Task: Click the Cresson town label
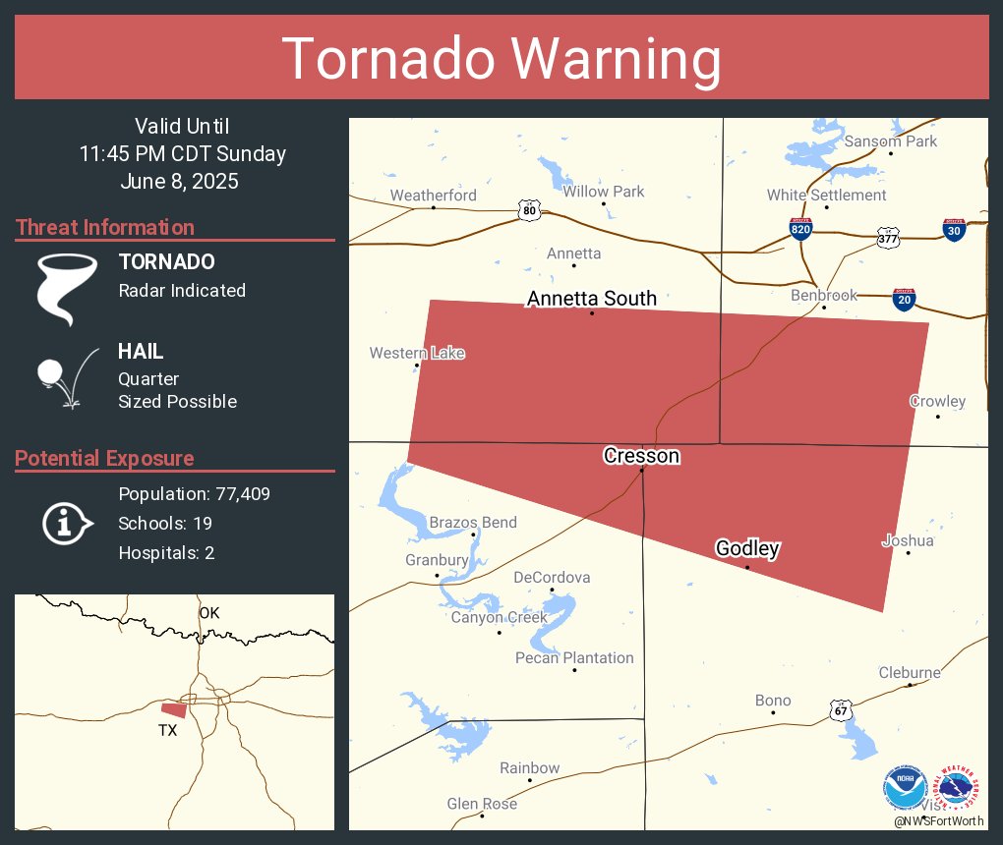(641, 456)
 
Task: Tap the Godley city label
(747, 549)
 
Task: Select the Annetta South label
(591, 299)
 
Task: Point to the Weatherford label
(433, 196)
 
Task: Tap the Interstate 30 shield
(953, 230)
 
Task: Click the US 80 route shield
(529, 209)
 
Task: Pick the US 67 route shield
(841, 711)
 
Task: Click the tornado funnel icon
(67, 288)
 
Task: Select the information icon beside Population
(67, 524)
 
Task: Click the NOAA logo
(905, 789)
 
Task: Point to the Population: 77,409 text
(194, 494)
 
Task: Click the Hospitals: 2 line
(166, 553)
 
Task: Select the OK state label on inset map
(208, 613)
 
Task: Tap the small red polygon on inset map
(174, 709)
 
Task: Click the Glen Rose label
(482, 804)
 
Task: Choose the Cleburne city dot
(910, 685)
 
